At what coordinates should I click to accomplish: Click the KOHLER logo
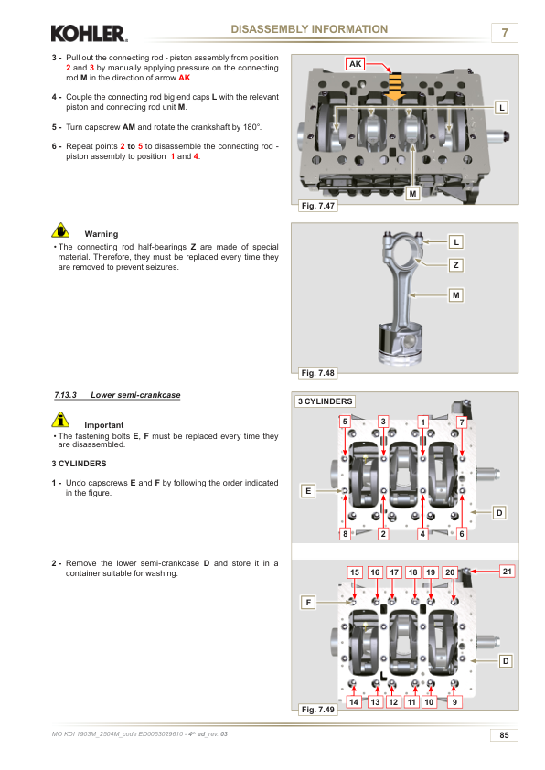[x=89, y=34]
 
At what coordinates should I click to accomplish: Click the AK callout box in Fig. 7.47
[x=355, y=64]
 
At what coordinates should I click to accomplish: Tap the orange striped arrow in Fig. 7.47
[x=395, y=86]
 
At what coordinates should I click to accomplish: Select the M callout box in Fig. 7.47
[x=413, y=194]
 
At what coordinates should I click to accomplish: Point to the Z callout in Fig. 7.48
[x=455, y=265]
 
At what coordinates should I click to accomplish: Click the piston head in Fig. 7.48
[x=401, y=344]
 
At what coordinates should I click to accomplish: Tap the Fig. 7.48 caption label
[x=317, y=373]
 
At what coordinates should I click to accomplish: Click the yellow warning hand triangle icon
[x=60, y=230]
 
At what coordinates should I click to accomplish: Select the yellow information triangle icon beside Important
[x=60, y=419]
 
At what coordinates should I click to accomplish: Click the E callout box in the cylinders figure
[x=308, y=490]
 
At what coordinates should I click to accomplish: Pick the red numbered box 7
[x=462, y=422]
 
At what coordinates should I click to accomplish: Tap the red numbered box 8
[x=345, y=534]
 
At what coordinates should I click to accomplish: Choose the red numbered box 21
[x=508, y=572]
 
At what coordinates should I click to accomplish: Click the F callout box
[x=308, y=602]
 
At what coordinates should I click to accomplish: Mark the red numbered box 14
[x=354, y=701]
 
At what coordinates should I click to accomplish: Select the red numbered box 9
[x=454, y=701]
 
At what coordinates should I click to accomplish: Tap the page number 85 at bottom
[x=504, y=735]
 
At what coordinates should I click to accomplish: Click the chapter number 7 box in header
[x=505, y=33]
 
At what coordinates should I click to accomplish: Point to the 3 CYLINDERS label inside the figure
[x=325, y=401]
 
